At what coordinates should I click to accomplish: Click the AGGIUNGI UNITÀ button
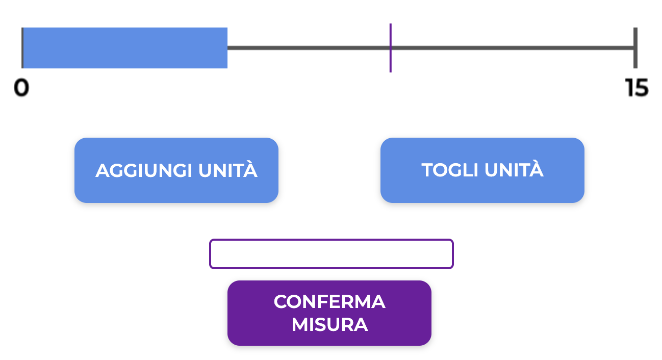(x=176, y=170)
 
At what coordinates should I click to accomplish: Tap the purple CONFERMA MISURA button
(x=329, y=313)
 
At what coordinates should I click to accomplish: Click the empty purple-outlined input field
(x=331, y=253)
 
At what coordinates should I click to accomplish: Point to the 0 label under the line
(x=21, y=88)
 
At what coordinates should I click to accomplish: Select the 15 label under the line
(x=636, y=88)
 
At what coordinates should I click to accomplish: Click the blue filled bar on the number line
(x=125, y=48)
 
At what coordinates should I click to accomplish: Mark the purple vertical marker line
(x=391, y=48)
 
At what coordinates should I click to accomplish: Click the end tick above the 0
(x=22, y=48)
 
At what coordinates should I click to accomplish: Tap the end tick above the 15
(x=635, y=48)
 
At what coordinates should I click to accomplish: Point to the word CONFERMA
(x=329, y=302)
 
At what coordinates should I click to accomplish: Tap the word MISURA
(x=329, y=324)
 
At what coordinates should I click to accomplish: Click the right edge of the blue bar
(x=226, y=48)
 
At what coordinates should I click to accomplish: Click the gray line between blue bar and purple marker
(x=309, y=48)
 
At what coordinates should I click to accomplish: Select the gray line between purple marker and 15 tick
(x=513, y=48)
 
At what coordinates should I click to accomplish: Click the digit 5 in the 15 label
(x=641, y=88)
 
